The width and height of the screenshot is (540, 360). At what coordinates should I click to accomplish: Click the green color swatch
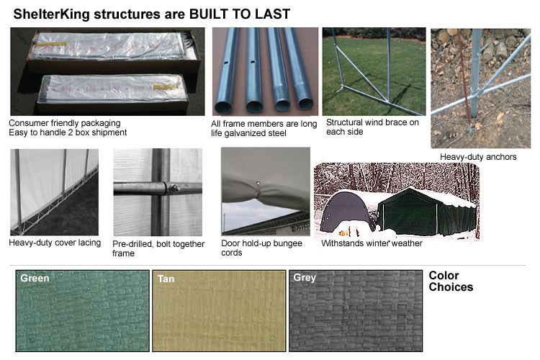82,311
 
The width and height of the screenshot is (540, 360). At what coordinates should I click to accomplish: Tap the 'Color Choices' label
451,281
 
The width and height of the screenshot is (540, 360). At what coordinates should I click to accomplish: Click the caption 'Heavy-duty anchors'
478,157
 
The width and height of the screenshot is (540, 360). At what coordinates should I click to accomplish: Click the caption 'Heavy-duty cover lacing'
55,243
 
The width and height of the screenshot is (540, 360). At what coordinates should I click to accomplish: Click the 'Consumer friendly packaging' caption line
65,123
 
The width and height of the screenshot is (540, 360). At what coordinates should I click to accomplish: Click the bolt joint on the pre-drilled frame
174,189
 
